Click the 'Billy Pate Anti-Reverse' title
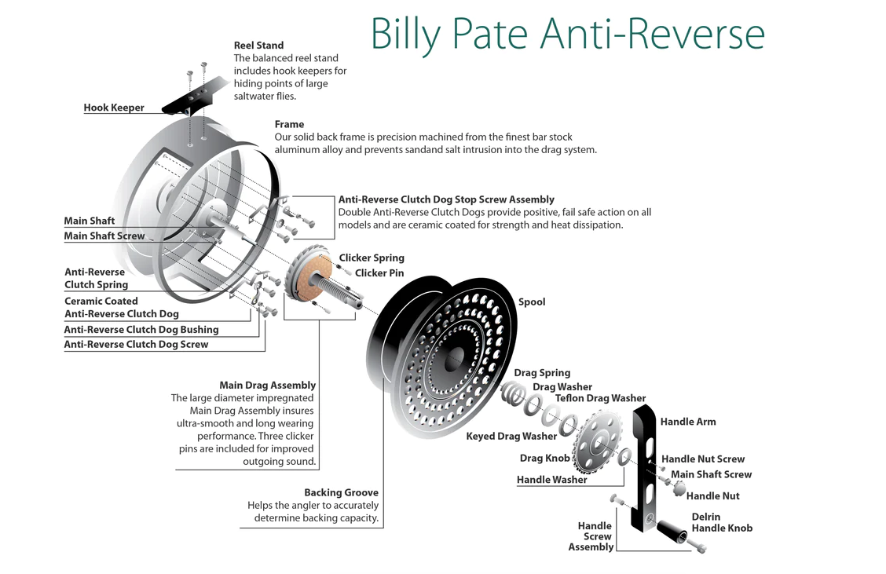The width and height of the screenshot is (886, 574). click(x=567, y=33)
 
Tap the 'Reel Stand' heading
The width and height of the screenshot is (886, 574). click(x=258, y=46)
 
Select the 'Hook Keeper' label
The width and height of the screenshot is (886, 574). click(x=114, y=108)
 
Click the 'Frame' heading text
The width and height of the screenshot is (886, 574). click(x=289, y=124)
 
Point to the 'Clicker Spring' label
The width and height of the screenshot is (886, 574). click(x=372, y=258)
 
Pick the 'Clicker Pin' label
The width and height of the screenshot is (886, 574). click(x=379, y=273)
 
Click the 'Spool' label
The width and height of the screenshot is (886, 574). click(x=531, y=302)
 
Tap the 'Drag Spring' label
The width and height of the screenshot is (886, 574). click(x=542, y=373)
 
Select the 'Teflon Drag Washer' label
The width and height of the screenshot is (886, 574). click(x=600, y=398)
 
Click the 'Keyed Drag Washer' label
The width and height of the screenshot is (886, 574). click(x=511, y=436)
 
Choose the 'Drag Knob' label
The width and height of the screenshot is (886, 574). click(x=545, y=458)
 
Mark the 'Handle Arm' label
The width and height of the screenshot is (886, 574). click(x=688, y=422)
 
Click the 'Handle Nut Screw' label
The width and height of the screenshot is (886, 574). click(x=703, y=459)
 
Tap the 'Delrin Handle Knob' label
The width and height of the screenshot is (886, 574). click(x=722, y=522)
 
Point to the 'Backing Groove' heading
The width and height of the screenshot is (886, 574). click(x=341, y=493)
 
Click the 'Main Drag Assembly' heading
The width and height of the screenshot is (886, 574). click(x=267, y=386)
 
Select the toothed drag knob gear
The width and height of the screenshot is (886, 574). click(x=597, y=444)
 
